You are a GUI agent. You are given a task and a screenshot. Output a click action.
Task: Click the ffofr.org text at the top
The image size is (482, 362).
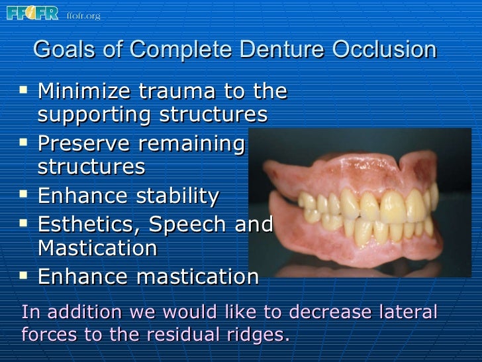pyautogui.click(x=83, y=15)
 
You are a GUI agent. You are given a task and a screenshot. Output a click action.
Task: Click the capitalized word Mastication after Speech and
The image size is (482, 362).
pyautogui.click(x=97, y=249)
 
